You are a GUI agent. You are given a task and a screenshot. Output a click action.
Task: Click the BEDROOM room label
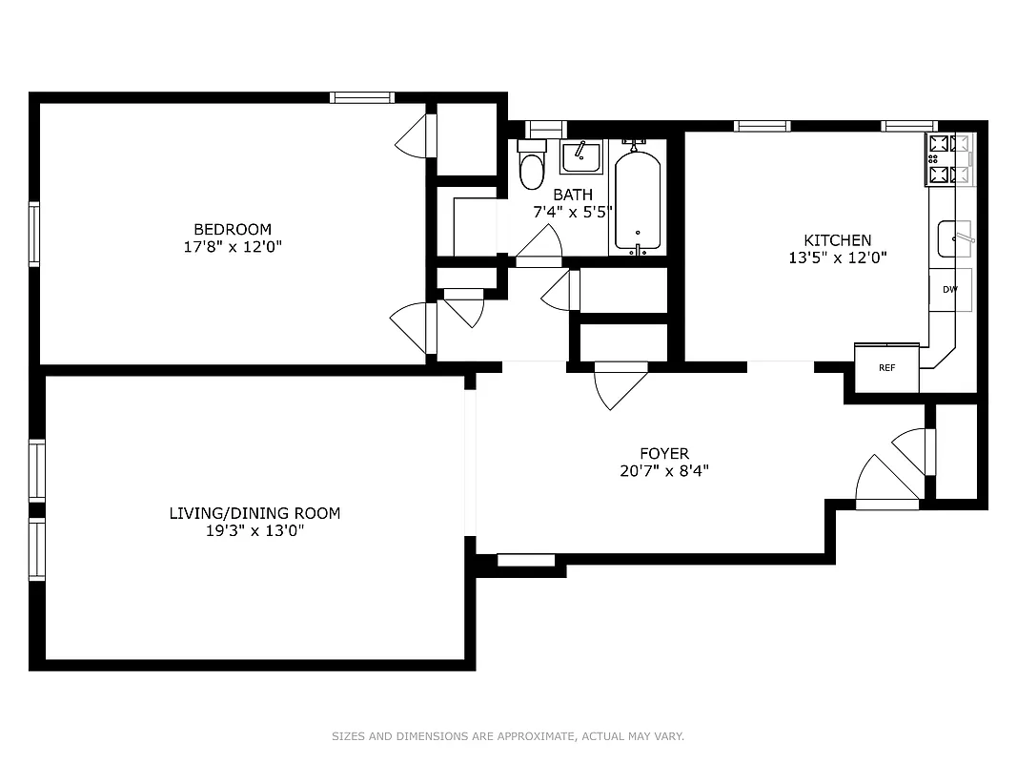click(x=233, y=229)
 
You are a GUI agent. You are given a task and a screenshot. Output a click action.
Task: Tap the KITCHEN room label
click(x=837, y=240)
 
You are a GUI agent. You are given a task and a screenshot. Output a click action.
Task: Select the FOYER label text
click(x=663, y=454)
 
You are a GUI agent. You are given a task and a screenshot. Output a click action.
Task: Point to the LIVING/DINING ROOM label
click(x=254, y=513)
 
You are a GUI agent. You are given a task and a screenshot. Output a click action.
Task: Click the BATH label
click(x=572, y=195)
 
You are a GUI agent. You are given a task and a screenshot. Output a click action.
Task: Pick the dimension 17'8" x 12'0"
click(x=233, y=246)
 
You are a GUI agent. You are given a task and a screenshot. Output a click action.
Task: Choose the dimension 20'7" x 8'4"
click(x=663, y=470)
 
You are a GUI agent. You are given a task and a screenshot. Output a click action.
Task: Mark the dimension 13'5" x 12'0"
click(x=837, y=257)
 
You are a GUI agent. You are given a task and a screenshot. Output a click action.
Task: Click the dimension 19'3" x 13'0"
click(x=254, y=530)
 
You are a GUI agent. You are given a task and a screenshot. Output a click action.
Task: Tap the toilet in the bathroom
click(x=531, y=166)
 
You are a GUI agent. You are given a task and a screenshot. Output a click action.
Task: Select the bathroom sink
click(x=580, y=156)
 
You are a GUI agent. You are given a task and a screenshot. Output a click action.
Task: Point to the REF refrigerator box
click(x=886, y=367)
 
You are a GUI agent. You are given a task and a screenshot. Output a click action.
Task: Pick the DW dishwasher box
click(x=949, y=290)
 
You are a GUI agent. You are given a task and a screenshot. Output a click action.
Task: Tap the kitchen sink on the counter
click(x=953, y=238)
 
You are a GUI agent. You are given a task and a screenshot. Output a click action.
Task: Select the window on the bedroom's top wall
click(x=362, y=97)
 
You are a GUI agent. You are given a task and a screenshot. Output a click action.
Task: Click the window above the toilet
click(x=546, y=129)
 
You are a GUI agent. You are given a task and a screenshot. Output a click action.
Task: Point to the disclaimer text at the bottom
click(x=508, y=736)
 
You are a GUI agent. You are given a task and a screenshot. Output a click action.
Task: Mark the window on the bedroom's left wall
click(x=34, y=234)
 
